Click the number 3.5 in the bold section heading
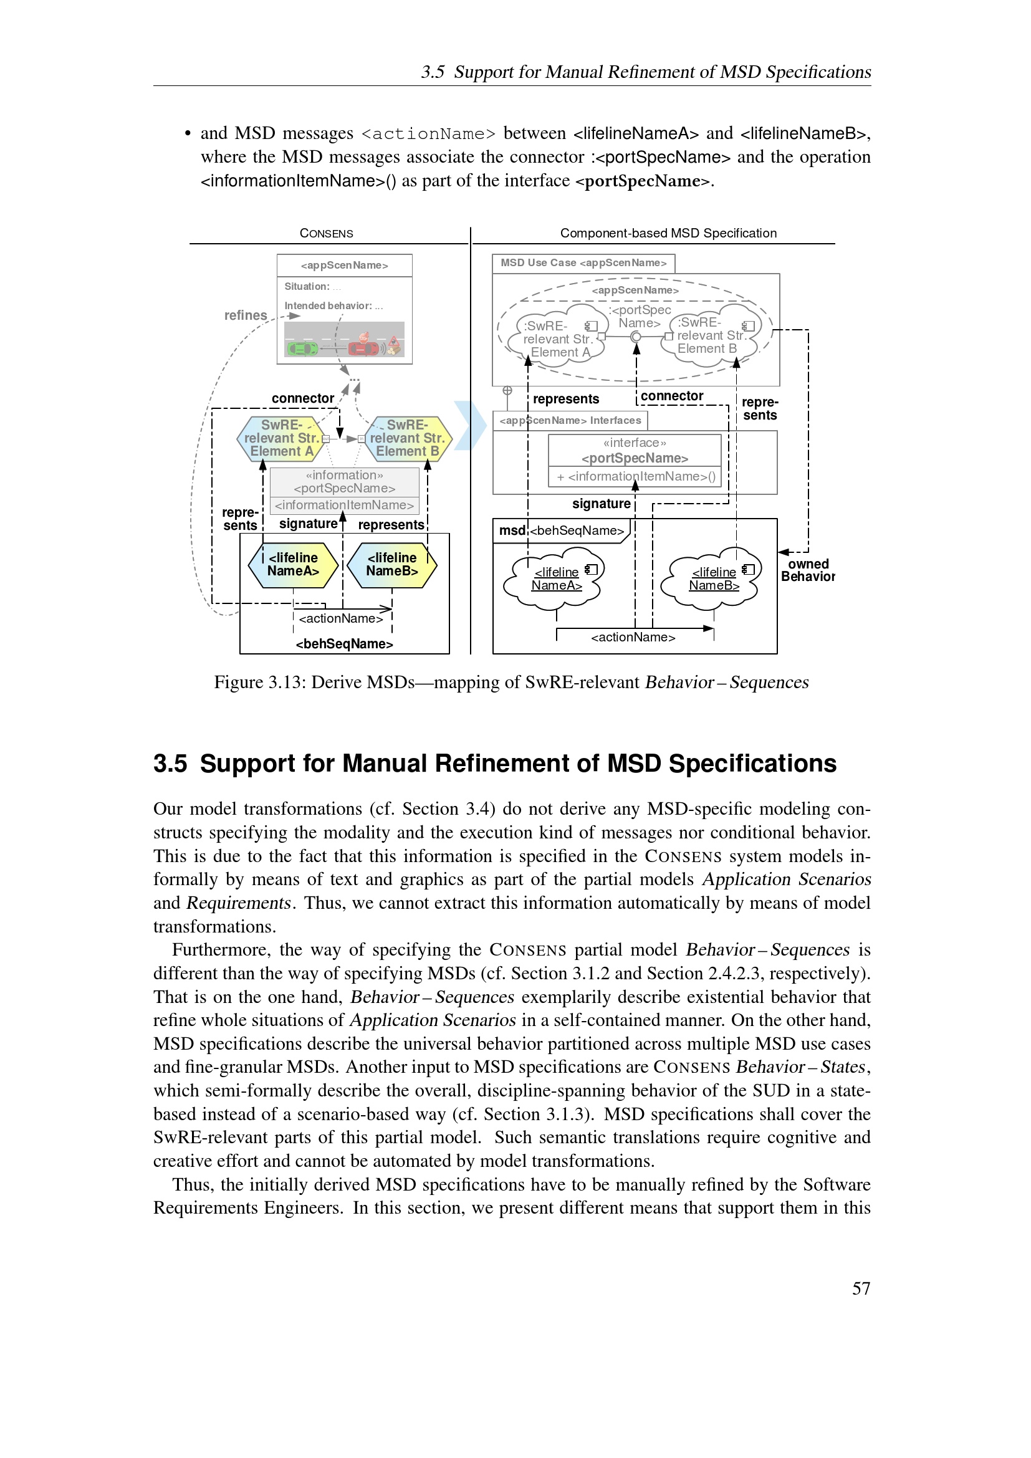[170, 764]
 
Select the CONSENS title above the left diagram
[326, 234]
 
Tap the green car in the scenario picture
[302, 348]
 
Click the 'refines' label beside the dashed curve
[245, 315]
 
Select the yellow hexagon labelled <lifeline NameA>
[293, 565]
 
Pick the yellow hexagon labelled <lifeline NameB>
[391, 565]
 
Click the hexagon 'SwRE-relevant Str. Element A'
[281, 438]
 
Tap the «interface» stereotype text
[634, 443]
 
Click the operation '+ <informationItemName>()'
[635, 476]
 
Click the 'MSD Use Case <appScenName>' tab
[583, 263]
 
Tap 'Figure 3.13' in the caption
[258, 682]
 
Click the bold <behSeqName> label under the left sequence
[344, 644]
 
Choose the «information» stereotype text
[344, 475]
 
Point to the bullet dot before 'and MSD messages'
[187, 133]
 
